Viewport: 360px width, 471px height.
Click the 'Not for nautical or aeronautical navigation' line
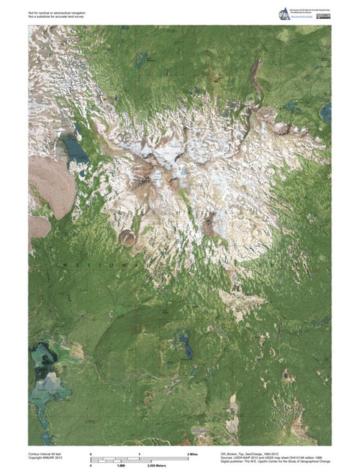pos(58,12)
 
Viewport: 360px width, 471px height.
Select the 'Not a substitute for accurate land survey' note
pos(55,16)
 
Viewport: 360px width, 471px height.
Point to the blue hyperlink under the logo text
pos(302,19)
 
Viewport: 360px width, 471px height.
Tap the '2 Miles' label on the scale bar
pos(193,454)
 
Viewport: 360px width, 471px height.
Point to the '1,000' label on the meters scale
pos(120,466)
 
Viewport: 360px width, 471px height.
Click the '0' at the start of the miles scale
pos(91,454)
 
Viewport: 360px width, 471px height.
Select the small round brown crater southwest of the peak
pos(128,238)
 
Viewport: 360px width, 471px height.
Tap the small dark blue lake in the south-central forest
pos(184,347)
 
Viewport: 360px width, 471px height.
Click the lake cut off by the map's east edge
pos(326,112)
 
